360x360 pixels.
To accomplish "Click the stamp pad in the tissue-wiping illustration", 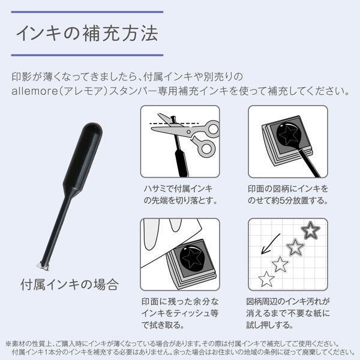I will click(x=191, y=265).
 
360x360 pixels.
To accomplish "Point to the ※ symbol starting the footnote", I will click(x=8, y=343).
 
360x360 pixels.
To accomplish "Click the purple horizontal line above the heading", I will click(x=88, y=11).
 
